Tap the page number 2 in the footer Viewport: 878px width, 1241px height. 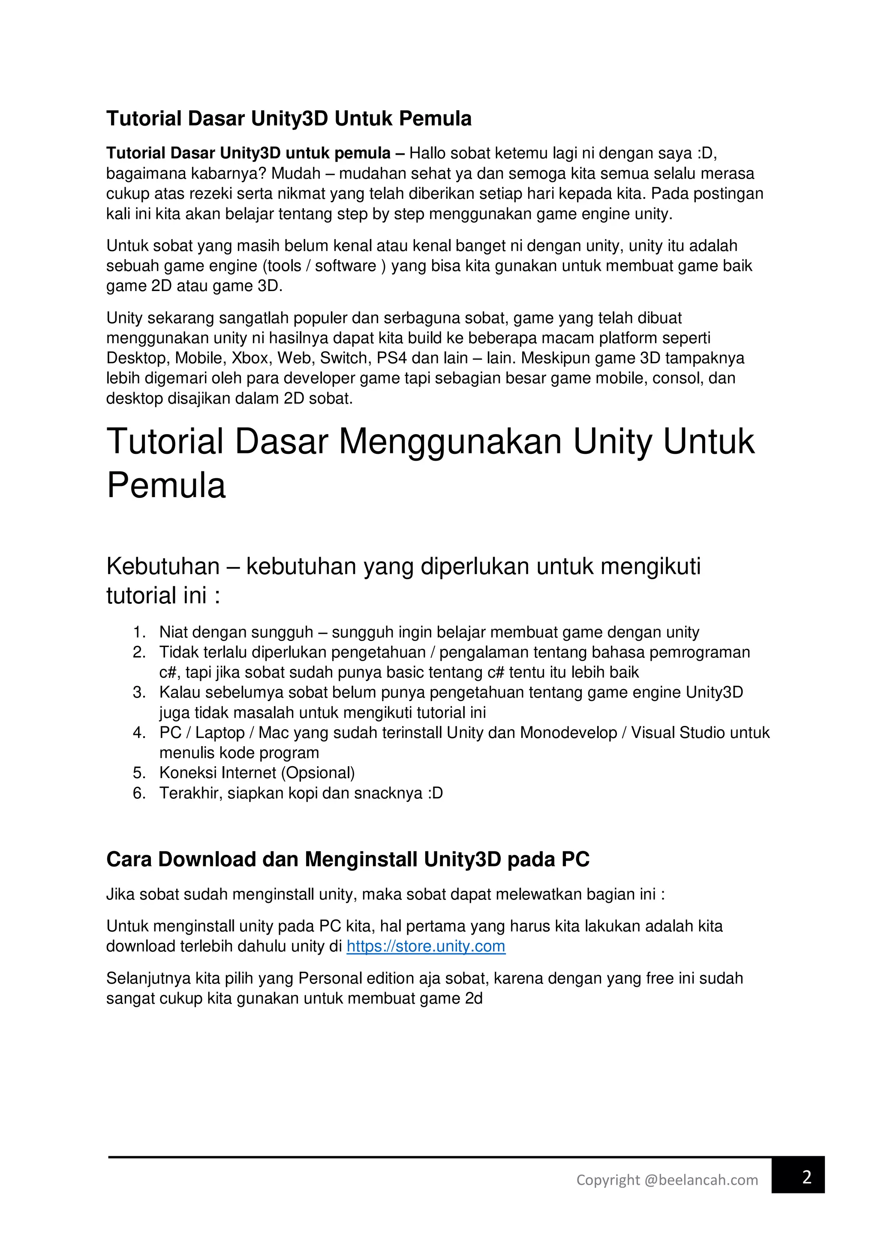(x=807, y=1177)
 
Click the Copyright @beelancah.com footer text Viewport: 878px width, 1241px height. (x=667, y=1179)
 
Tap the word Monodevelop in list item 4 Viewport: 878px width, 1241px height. (x=568, y=732)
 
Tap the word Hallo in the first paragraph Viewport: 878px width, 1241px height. (x=427, y=153)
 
